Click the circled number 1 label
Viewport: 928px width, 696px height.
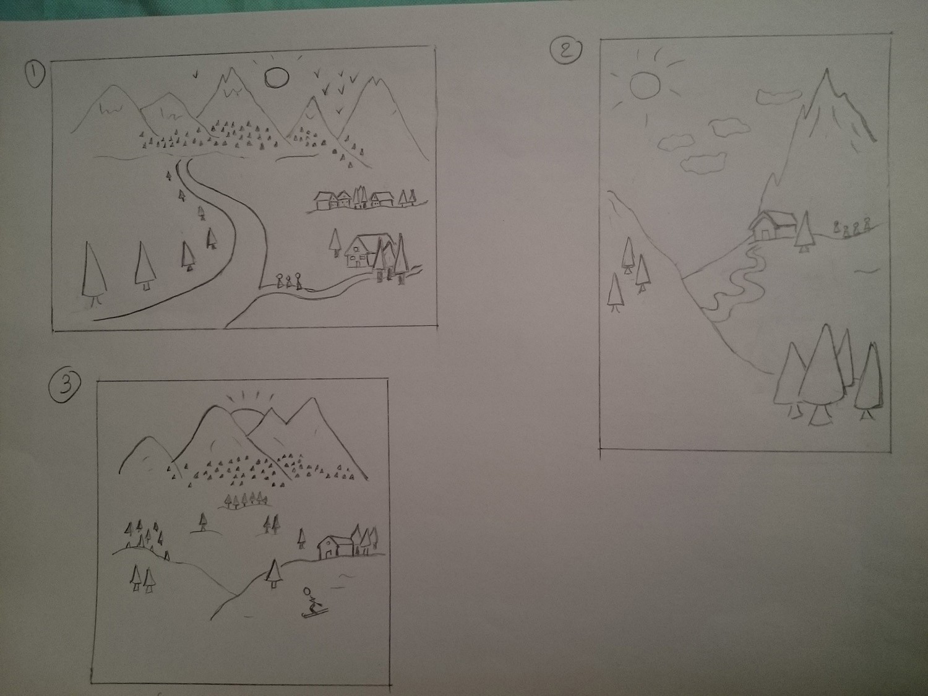35,74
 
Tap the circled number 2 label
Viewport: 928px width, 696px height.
565,50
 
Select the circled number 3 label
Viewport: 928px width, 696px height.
64,387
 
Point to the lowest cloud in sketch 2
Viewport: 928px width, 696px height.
704,163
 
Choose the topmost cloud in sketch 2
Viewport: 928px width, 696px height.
778,97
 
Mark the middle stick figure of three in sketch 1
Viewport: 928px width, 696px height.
289,281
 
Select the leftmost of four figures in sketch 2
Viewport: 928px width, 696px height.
836,226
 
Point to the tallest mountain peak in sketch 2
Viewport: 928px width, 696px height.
826,70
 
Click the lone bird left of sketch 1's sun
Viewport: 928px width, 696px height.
195,74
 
